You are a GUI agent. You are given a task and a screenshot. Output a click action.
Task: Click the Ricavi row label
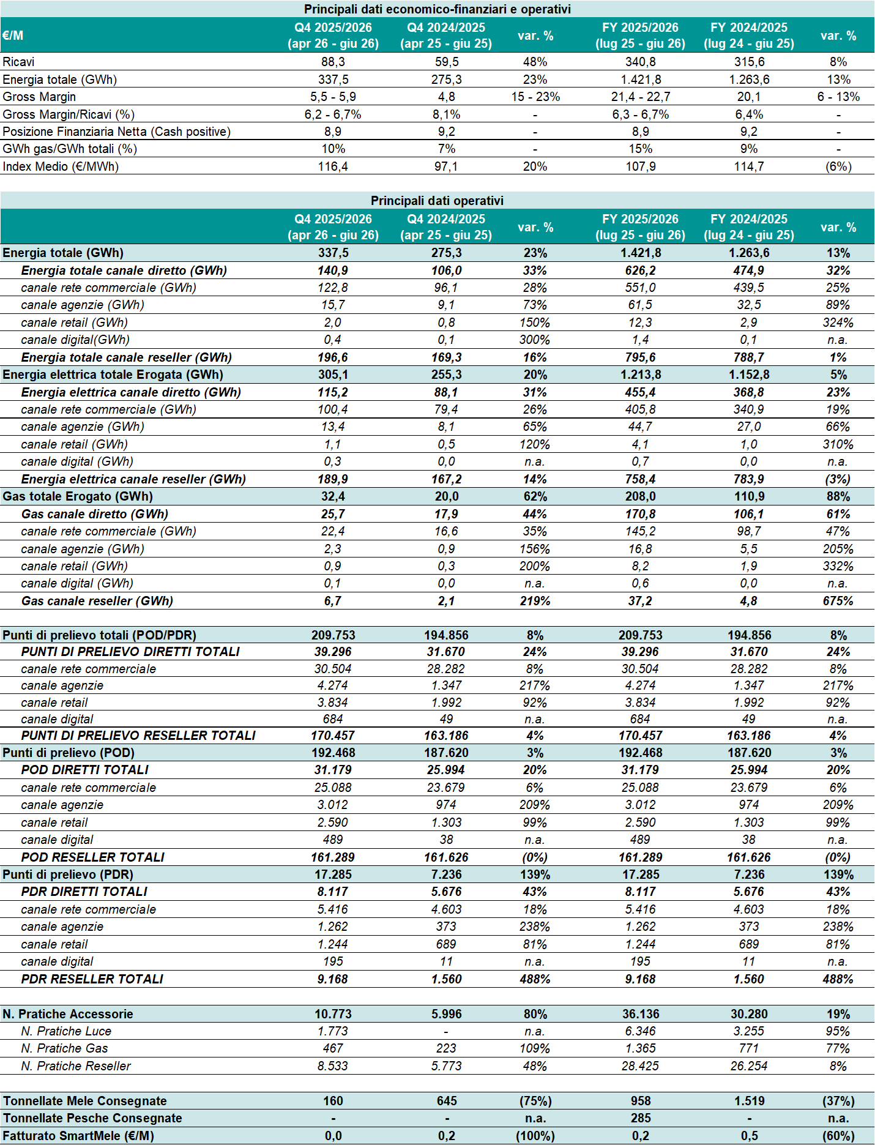click(18, 62)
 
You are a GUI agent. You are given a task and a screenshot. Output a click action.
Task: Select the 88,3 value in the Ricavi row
click(333, 62)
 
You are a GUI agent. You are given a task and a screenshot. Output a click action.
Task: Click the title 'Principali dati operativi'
click(437, 201)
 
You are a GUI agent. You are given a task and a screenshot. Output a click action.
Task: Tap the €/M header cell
click(13, 35)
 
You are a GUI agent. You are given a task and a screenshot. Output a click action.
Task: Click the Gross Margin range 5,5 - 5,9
click(333, 97)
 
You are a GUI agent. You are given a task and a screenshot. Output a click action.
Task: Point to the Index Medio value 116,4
click(333, 166)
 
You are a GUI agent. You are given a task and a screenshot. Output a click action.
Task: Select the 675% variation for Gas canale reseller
click(838, 601)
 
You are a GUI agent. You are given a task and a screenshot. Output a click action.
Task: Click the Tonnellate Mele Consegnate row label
click(84, 1101)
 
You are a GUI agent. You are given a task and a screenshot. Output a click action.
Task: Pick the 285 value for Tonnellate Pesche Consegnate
click(641, 1118)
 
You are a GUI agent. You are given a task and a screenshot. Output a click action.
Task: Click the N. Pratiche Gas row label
click(64, 1048)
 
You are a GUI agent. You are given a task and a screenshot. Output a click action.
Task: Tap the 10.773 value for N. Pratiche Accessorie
click(333, 1014)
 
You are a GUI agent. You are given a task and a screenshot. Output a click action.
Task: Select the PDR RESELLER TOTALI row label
click(92, 979)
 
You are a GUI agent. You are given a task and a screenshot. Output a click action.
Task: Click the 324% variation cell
click(838, 323)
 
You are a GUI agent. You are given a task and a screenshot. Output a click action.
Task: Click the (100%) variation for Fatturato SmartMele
click(535, 1136)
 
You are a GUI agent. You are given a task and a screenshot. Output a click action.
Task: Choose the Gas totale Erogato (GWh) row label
click(78, 496)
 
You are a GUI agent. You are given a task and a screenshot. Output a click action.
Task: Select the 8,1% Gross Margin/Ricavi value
click(447, 114)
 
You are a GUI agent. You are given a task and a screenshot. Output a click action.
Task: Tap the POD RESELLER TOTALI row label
click(92, 857)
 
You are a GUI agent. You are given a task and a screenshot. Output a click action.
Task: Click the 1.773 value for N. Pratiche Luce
click(333, 1031)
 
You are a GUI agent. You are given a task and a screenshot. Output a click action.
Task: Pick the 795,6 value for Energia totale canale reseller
click(641, 357)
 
